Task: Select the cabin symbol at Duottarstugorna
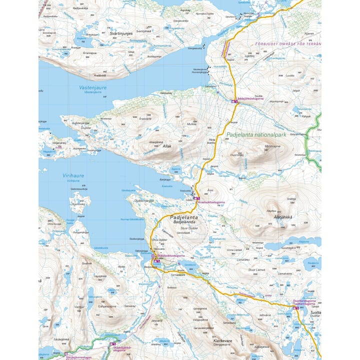click(296, 308)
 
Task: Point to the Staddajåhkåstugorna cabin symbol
click(112, 345)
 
